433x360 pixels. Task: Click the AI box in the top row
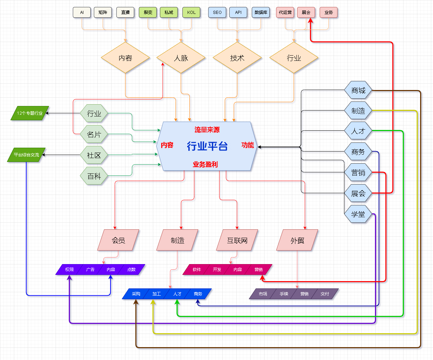point(82,13)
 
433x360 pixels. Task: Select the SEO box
point(217,13)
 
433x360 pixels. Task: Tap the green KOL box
point(191,13)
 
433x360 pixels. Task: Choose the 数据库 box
point(261,13)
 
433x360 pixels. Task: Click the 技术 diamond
point(237,58)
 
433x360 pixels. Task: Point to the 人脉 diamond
point(181,58)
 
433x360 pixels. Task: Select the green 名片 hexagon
point(94,134)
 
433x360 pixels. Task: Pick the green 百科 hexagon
point(94,176)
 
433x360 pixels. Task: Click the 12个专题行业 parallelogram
point(30,113)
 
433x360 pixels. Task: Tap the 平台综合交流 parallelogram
point(26,155)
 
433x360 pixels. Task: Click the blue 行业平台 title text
point(207,146)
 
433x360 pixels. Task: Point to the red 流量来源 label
point(207,130)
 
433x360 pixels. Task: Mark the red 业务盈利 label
point(205,164)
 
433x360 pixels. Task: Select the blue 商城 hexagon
point(358,91)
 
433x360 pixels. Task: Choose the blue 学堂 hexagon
point(358,214)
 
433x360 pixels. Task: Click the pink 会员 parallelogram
point(118,240)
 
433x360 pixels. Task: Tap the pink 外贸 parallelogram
point(297,240)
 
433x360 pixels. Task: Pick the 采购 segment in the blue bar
point(136,294)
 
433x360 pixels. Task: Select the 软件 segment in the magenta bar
point(197,270)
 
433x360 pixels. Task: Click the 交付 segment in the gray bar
point(325,294)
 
